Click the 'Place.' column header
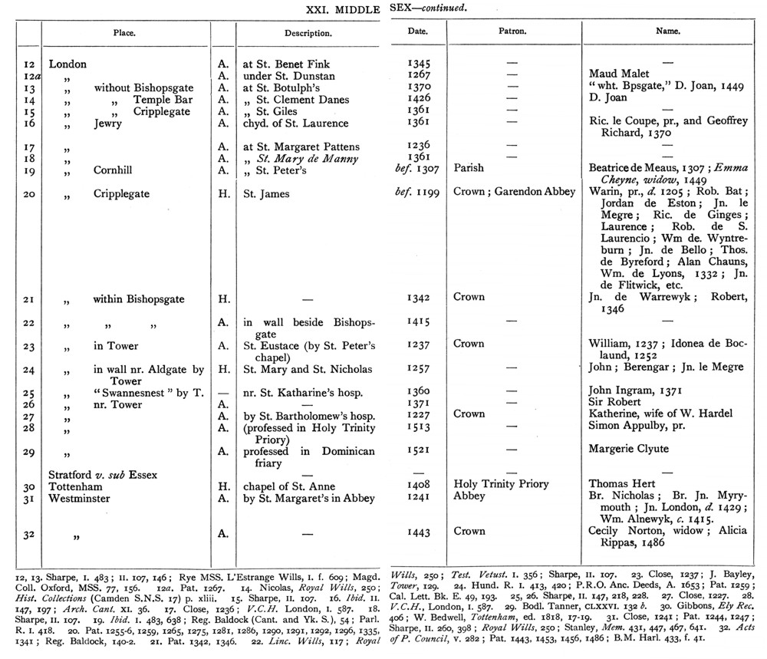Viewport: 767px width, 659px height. pyautogui.click(x=125, y=35)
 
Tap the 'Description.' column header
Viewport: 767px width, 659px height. pyautogui.click(x=308, y=35)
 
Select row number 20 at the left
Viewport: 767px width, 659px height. pyautogui.click(x=29, y=194)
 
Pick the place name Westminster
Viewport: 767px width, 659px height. pyautogui.click(x=82, y=498)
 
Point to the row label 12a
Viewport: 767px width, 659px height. pyautogui.click(x=29, y=76)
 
